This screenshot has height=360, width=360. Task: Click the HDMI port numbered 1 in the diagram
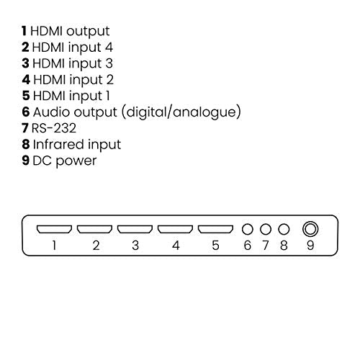[54, 229]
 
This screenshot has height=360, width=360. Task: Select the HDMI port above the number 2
[94, 229]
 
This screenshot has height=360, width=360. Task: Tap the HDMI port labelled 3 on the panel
[135, 229]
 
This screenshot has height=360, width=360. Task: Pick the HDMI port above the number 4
[175, 229]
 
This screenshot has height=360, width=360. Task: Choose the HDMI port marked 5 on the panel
[215, 229]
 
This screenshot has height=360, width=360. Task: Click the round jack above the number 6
[248, 229]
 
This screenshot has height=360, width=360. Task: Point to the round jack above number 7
[266, 229]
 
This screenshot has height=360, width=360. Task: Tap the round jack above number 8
[284, 229]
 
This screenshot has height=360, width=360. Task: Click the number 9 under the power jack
[310, 246]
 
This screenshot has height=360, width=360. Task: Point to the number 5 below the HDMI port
[215, 246]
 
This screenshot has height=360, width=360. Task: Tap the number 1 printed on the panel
[55, 246]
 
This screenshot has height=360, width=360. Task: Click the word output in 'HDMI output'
[88, 32]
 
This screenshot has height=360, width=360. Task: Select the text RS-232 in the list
[54, 128]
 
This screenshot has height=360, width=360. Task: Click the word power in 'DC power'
[76, 161]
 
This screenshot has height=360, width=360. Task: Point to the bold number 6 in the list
[26, 112]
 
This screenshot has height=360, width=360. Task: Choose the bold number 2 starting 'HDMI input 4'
[25, 47]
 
